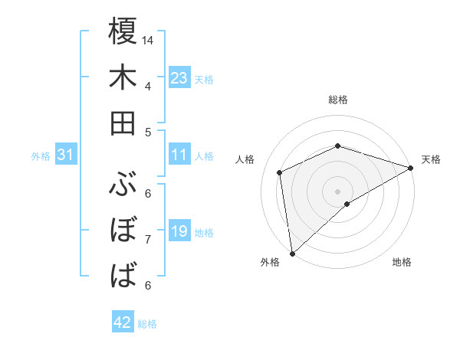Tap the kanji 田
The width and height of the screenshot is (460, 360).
click(123, 123)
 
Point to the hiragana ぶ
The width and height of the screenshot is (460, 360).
click(123, 185)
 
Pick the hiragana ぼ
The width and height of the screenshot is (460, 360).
click(123, 230)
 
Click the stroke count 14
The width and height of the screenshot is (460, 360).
click(148, 40)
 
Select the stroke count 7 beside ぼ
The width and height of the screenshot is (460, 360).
click(148, 239)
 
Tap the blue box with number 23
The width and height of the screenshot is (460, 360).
click(179, 78)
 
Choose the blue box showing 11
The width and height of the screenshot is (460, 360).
click(179, 155)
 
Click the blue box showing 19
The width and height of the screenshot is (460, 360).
click(179, 231)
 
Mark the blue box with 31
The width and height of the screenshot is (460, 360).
click(67, 155)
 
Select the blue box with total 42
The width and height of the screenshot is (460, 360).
click(123, 322)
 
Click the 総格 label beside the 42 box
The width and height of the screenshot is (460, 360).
click(148, 324)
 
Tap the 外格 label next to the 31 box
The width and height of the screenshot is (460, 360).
click(41, 156)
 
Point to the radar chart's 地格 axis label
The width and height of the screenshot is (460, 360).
click(402, 263)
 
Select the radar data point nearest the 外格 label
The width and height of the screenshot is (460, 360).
click(291, 253)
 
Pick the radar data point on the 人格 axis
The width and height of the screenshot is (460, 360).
click(280, 172)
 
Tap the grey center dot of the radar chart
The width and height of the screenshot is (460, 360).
click(337, 191)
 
